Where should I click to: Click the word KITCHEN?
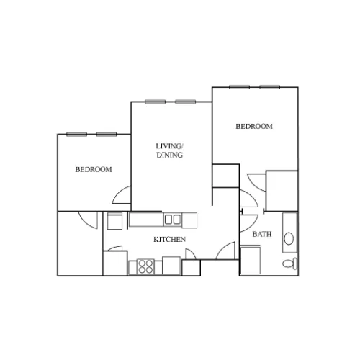tap(169, 239)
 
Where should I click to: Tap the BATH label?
tap(262, 234)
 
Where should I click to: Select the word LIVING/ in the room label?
tap(170, 146)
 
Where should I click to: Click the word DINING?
tap(170, 155)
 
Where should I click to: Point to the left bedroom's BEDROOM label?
tap(94, 169)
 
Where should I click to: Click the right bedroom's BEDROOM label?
tap(254, 126)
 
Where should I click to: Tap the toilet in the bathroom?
tap(290, 264)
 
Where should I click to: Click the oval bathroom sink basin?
tap(289, 238)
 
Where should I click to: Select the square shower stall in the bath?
tap(251, 260)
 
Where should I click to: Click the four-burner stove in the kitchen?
tap(145, 266)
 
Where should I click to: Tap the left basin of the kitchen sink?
tap(168, 220)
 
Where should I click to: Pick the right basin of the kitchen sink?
tap(177, 220)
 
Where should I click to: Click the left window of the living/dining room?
tap(155, 102)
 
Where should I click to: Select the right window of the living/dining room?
tap(185, 102)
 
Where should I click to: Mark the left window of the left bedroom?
tap(77, 135)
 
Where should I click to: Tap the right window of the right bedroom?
tap(270, 87)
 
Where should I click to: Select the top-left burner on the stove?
tap(143, 264)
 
